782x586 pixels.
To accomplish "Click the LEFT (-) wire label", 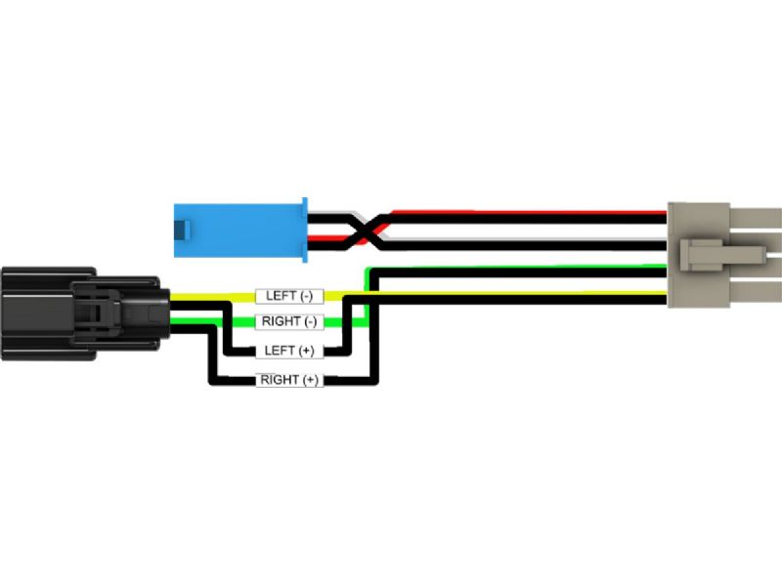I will coord(289,295).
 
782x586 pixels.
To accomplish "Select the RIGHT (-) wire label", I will coord(289,322).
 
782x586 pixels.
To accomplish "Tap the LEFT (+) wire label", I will coord(289,351).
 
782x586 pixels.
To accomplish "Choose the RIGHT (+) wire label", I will coord(289,380).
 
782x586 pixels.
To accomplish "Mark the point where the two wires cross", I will coord(363,230).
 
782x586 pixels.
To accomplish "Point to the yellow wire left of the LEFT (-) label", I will coord(210,294).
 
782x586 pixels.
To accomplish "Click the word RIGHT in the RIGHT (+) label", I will coord(280,380).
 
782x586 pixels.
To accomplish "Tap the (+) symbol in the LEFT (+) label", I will coord(306,351).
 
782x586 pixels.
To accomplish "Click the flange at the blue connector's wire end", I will coord(305,231).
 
